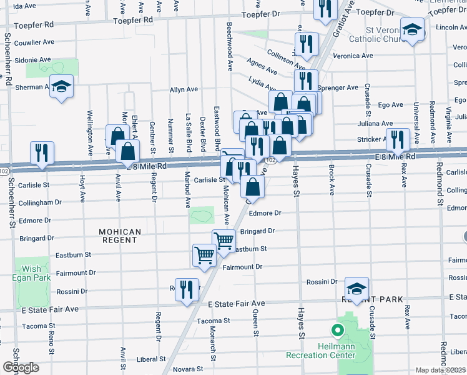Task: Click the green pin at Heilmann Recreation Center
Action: [338, 331]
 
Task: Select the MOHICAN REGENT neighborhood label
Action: [119, 236]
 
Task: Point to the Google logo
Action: [21, 367]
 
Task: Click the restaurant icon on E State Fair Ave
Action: [187, 289]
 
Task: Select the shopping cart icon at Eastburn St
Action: [204, 255]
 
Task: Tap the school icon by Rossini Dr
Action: [356, 289]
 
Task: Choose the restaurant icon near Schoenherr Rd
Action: [42, 153]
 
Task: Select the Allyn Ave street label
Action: [184, 90]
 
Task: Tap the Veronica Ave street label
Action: [353, 56]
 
